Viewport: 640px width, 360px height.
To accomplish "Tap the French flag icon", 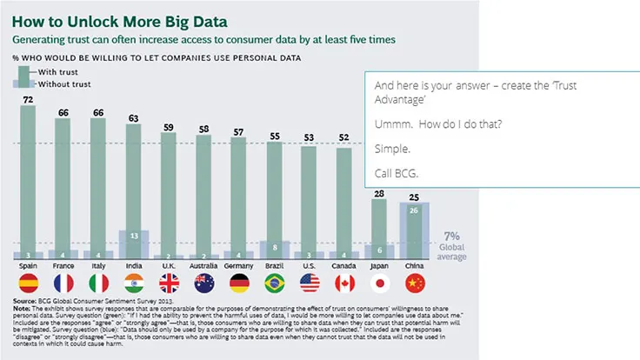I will click(x=63, y=283).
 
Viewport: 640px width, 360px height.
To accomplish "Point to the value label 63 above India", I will click(x=134, y=117).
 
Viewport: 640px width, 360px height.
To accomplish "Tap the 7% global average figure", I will click(x=450, y=236).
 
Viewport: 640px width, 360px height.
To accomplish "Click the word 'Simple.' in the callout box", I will click(x=391, y=149).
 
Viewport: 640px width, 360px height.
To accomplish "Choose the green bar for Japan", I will click(x=380, y=222).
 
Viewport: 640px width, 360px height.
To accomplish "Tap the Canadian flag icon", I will click(x=345, y=283).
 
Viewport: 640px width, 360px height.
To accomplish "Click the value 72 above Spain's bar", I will click(x=27, y=100).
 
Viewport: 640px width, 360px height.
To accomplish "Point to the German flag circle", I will click(x=239, y=283).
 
